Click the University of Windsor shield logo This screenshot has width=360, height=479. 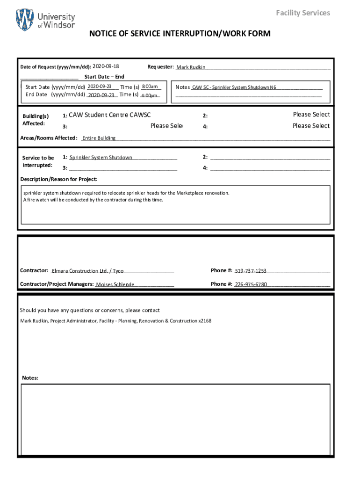click(x=25, y=20)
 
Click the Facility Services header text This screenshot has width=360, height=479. click(x=302, y=13)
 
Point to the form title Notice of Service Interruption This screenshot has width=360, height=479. click(x=180, y=34)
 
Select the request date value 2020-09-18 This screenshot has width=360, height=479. click(x=106, y=66)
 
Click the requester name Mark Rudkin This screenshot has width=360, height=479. click(x=191, y=67)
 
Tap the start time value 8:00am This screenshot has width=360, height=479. click(x=150, y=87)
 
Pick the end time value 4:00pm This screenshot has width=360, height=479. click(x=149, y=95)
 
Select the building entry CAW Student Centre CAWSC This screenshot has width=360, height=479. click(x=109, y=115)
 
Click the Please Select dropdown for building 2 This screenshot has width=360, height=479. click(x=311, y=115)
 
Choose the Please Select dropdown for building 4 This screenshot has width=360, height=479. click(x=311, y=126)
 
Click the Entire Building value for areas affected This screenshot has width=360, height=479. click(x=99, y=138)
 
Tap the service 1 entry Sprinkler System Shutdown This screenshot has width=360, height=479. click(x=101, y=158)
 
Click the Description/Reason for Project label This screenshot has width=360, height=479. click(x=59, y=179)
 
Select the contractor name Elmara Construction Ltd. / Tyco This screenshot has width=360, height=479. click(x=87, y=271)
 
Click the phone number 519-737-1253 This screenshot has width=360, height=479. click(x=251, y=271)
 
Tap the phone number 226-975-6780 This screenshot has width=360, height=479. click(x=251, y=284)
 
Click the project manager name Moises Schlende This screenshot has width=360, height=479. click(x=115, y=284)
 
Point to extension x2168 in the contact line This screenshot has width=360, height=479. click(x=204, y=321)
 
